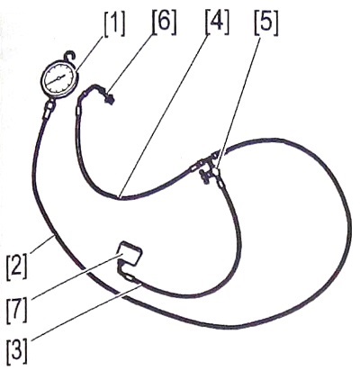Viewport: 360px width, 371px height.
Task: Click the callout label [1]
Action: (x=114, y=23)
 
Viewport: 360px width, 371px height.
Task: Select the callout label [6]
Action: (x=164, y=22)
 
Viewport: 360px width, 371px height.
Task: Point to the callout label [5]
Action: (x=266, y=23)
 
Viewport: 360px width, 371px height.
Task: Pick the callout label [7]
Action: (x=17, y=309)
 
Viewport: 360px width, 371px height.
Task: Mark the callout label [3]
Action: (x=17, y=350)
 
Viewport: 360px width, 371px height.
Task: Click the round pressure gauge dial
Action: (x=60, y=78)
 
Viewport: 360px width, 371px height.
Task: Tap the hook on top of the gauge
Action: (x=70, y=56)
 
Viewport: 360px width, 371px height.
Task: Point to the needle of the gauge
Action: (x=58, y=78)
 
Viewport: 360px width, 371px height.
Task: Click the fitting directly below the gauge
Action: (x=50, y=108)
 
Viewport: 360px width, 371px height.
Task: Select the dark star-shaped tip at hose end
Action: (x=109, y=99)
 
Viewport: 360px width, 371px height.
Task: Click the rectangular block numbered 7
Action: (x=130, y=254)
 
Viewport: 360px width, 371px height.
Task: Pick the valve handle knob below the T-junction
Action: (x=205, y=176)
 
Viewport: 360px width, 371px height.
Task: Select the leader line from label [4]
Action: (x=165, y=115)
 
